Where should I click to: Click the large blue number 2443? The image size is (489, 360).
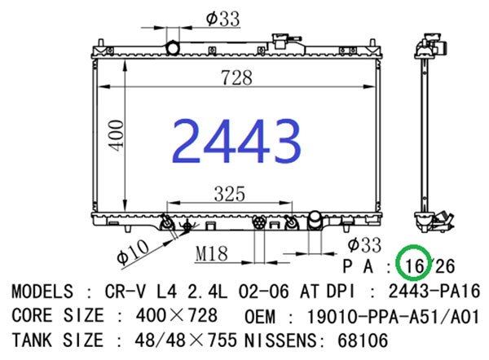pyautogui.click(x=236, y=141)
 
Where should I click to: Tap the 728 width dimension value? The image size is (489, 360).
pyautogui.click(x=236, y=77)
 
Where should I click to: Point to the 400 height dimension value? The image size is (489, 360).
pyautogui.click(x=116, y=135)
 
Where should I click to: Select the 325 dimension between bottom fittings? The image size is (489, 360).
pyautogui.click(x=230, y=194)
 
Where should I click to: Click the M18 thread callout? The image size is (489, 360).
pyautogui.click(x=211, y=253)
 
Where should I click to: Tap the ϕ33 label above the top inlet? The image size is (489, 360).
pyautogui.click(x=222, y=19)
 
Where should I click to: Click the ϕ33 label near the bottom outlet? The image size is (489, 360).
pyautogui.click(x=364, y=244)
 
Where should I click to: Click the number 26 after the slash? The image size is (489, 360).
pyautogui.click(x=445, y=266)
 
